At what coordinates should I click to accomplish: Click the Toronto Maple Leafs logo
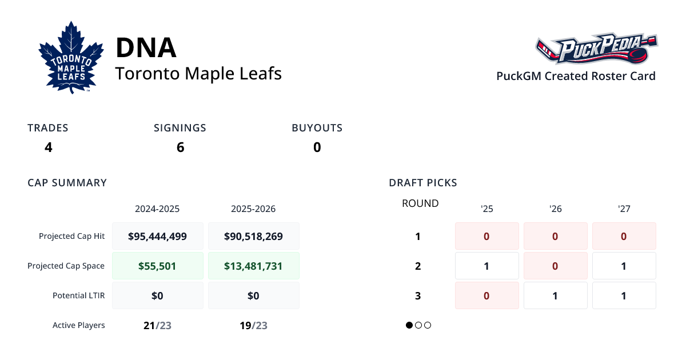point(71,58)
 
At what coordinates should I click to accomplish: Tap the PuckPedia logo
point(596,49)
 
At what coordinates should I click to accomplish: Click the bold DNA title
point(146,47)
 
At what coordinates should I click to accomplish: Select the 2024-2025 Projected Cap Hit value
point(157,236)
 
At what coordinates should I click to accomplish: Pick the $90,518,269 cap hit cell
point(253,236)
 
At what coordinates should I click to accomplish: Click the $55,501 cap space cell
point(157,266)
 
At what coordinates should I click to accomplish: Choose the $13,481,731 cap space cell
point(253,266)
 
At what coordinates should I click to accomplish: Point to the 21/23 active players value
point(157,326)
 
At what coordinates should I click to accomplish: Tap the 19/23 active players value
point(253,326)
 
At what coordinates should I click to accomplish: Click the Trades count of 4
point(49,147)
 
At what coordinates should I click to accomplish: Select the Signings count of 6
point(180,147)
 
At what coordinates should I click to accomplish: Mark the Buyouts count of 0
point(317,147)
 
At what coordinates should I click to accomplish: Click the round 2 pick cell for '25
point(486,266)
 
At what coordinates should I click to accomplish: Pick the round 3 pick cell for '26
point(555,295)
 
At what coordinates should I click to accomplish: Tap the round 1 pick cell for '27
point(624,236)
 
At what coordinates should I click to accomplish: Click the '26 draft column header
point(555,209)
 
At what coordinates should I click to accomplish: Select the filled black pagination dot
point(409,325)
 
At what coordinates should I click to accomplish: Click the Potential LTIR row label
point(78,295)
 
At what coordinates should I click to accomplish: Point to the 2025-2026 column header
point(253,209)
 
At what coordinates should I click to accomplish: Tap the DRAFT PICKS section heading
point(422,183)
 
